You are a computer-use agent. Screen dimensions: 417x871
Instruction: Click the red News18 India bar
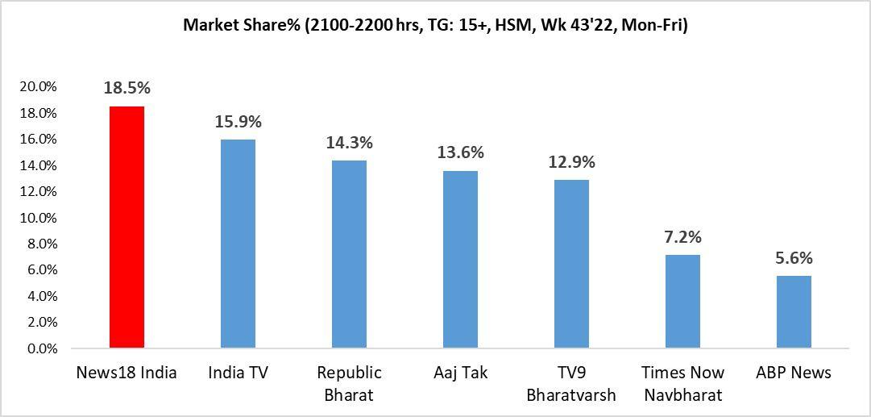[127, 227]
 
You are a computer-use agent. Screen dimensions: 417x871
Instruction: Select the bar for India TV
[238, 244]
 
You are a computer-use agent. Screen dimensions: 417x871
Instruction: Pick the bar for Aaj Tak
[460, 260]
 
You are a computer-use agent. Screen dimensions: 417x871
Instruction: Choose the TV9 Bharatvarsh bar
[571, 265]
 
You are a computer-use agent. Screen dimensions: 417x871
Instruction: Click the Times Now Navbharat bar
[682, 302]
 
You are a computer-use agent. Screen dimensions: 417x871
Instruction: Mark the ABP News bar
[794, 312]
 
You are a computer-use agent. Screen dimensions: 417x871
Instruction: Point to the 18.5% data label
[127, 88]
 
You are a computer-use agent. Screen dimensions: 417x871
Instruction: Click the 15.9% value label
[238, 122]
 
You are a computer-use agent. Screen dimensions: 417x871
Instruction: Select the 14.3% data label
[349, 143]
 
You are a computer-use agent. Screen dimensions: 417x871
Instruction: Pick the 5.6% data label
[794, 258]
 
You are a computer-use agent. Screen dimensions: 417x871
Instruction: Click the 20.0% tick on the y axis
[37, 87]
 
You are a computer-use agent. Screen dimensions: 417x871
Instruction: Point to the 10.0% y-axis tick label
[37, 218]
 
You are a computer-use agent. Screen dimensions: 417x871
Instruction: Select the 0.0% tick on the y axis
[40, 349]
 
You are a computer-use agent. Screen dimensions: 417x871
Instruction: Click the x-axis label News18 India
[127, 373]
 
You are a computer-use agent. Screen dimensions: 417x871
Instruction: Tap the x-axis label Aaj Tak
[460, 373]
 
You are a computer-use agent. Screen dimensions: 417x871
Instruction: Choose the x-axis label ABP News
[794, 373]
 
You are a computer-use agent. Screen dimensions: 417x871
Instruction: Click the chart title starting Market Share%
[435, 25]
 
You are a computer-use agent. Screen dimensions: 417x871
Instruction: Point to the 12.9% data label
[571, 161]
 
